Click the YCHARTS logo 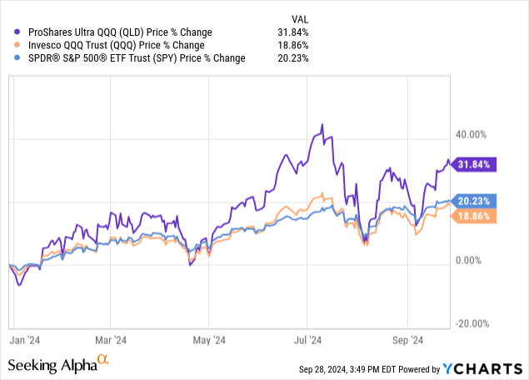[x=479, y=367]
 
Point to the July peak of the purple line [x=322, y=125]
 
